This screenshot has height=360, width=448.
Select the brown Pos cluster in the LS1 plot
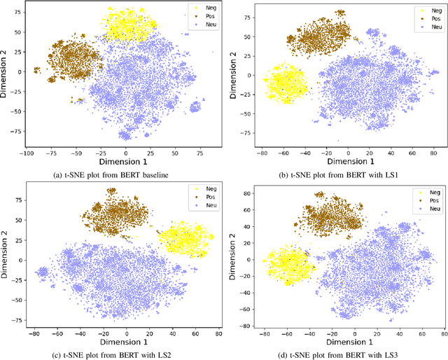point(323,34)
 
